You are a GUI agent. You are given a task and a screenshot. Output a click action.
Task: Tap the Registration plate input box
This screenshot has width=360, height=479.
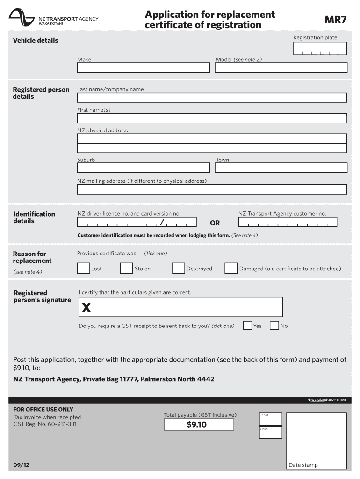tap(320, 49)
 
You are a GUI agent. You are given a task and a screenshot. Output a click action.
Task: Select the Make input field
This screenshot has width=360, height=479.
tap(144, 68)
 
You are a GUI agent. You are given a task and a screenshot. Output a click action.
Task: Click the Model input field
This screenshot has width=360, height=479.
tap(281, 68)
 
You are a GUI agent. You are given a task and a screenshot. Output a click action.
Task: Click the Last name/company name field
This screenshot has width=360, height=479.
tap(212, 97)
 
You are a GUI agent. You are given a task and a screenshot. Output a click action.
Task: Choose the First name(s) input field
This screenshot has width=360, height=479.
tap(212, 118)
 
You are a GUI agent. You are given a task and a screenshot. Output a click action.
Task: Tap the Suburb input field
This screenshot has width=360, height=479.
tap(144, 167)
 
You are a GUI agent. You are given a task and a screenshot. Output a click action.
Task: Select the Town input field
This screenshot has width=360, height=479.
tap(281, 167)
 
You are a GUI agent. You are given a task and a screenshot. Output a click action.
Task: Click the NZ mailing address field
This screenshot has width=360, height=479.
tap(212, 189)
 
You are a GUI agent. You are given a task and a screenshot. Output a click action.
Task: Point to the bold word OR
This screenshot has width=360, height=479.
tap(215, 223)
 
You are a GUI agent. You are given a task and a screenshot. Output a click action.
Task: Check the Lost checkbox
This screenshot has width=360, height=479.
tap(84, 268)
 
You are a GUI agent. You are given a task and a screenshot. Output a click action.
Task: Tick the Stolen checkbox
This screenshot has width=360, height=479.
tap(126, 268)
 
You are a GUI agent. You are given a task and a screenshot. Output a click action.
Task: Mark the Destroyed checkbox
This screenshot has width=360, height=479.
tap(178, 268)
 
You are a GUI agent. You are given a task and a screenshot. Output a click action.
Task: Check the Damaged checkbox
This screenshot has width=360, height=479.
tap(230, 268)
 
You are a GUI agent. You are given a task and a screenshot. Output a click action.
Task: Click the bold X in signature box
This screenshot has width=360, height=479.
tap(86, 308)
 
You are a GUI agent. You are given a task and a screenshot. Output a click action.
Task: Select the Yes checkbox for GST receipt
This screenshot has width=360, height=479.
tap(247, 326)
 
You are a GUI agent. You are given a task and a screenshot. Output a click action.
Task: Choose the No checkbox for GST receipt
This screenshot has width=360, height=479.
tap(274, 326)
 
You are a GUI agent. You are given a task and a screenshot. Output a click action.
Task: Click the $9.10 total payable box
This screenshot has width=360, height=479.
tap(199, 425)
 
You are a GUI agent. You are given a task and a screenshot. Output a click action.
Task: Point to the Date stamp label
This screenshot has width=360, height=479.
tap(303, 465)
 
